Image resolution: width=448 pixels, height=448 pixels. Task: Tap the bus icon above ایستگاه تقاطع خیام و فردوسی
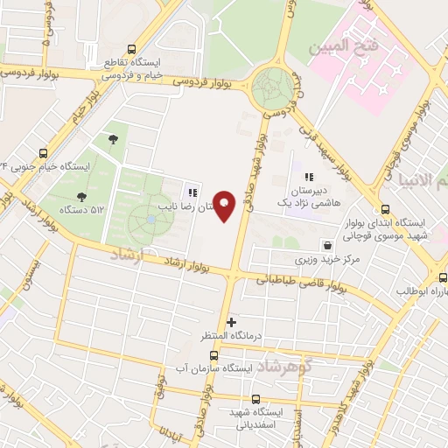(131, 50)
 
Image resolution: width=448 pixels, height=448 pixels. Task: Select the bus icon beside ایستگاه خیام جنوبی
(45, 152)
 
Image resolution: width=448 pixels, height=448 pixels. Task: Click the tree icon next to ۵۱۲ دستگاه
(81, 197)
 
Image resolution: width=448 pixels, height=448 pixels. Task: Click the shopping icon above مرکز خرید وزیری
(327, 246)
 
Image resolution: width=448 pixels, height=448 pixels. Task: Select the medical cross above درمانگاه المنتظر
(231, 322)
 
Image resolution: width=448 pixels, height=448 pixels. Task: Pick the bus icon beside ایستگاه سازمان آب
(214, 356)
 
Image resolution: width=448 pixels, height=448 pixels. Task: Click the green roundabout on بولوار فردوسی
(273, 87)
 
